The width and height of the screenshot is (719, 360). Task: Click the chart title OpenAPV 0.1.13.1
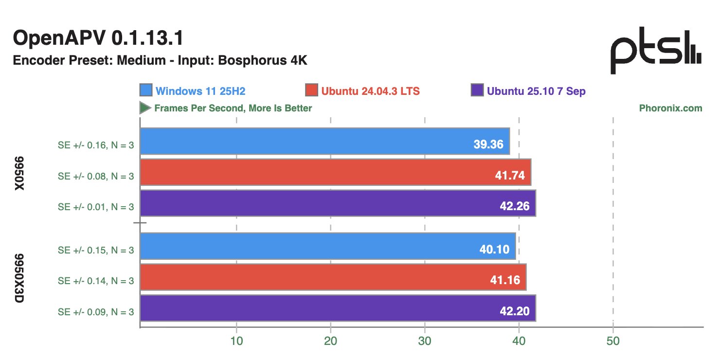(98, 38)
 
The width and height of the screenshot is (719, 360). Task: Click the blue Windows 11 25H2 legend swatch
(146, 90)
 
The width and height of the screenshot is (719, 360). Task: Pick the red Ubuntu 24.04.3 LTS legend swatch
(312, 90)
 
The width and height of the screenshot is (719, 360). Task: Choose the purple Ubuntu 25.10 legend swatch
(478, 90)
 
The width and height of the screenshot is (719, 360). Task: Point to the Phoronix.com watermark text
(670, 108)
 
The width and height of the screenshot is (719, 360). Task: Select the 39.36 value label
(488, 144)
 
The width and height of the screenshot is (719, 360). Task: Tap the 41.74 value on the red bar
(509, 176)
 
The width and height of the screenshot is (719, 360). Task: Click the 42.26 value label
(515, 206)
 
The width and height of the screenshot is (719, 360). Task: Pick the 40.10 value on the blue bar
(494, 250)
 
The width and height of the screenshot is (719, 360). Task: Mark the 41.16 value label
(504, 280)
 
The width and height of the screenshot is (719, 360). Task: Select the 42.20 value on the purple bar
(515, 311)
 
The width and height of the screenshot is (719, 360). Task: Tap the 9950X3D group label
(20, 278)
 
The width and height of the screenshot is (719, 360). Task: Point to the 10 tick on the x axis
(236, 341)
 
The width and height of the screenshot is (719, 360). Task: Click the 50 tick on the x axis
(613, 341)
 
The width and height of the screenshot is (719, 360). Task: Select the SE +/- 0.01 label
(95, 206)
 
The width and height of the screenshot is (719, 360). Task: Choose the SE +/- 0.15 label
(95, 250)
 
